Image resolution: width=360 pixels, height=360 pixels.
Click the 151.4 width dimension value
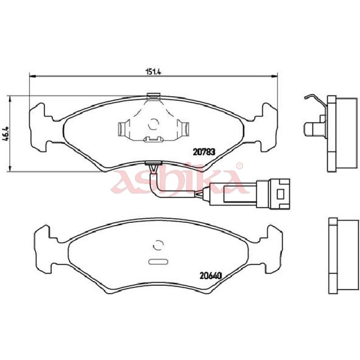click(153, 72)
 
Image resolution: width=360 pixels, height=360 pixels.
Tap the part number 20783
click(204, 152)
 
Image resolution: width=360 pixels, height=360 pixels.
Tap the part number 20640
click(211, 275)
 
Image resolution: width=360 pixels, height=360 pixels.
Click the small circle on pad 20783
click(153, 124)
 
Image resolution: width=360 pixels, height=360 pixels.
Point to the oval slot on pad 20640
click(158, 262)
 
